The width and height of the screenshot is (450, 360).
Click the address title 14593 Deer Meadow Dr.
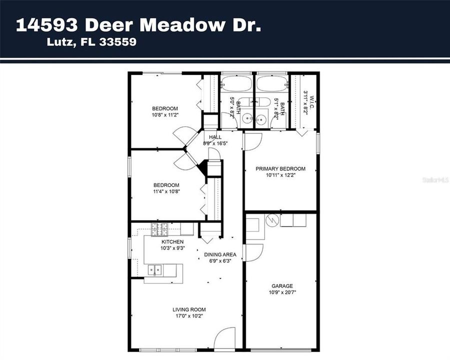[138, 25]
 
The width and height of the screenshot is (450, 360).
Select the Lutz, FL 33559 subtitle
[91, 42]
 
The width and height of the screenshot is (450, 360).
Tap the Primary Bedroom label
[280, 169]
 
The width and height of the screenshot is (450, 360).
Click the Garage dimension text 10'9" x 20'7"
[282, 292]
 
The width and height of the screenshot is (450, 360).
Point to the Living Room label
[189, 309]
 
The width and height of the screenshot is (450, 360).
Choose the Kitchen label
[172, 242]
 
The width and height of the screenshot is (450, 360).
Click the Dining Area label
[220, 254]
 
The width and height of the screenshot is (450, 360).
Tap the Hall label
[215, 137]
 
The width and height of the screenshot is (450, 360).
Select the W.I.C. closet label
[312, 102]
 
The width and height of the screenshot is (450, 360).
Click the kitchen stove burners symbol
[159, 229]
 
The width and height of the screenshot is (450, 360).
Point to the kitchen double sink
[154, 270]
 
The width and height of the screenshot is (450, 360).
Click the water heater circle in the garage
[272, 220]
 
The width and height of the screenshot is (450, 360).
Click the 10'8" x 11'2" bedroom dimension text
[165, 115]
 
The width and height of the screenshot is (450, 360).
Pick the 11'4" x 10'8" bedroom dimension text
[166, 191]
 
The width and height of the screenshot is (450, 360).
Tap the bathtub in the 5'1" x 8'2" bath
[272, 83]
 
